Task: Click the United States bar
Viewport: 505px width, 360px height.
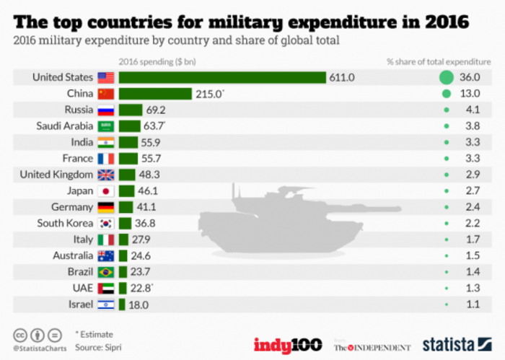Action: pyautogui.click(x=222, y=78)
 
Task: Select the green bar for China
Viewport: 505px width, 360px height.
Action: pyautogui.click(x=155, y=94)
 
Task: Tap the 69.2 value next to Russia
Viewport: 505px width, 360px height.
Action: pyautogui.click(x=156, y=110)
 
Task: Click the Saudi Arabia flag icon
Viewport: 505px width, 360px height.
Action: pyautogui.click(x=106, y=126)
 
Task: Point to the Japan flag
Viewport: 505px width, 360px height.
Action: pyautogui.click(x=106, y=191)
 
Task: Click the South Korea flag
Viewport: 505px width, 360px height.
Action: pyautogui.click(x=106, y=224)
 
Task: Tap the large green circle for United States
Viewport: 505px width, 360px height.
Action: pyautogui.click(x=447, y=78)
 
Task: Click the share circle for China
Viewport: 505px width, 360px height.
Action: pyautogui.click(x=447, y=94)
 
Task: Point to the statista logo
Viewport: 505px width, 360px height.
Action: pyautogui.click(x=457, y=344)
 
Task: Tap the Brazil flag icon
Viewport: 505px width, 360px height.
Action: pyautogui.click(x=106, y=272)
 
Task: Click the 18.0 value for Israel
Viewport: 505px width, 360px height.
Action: pyautogui.click(x=140, y=304)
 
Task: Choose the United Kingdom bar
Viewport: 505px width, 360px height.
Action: pyautogui.click(x=127, y=175)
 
